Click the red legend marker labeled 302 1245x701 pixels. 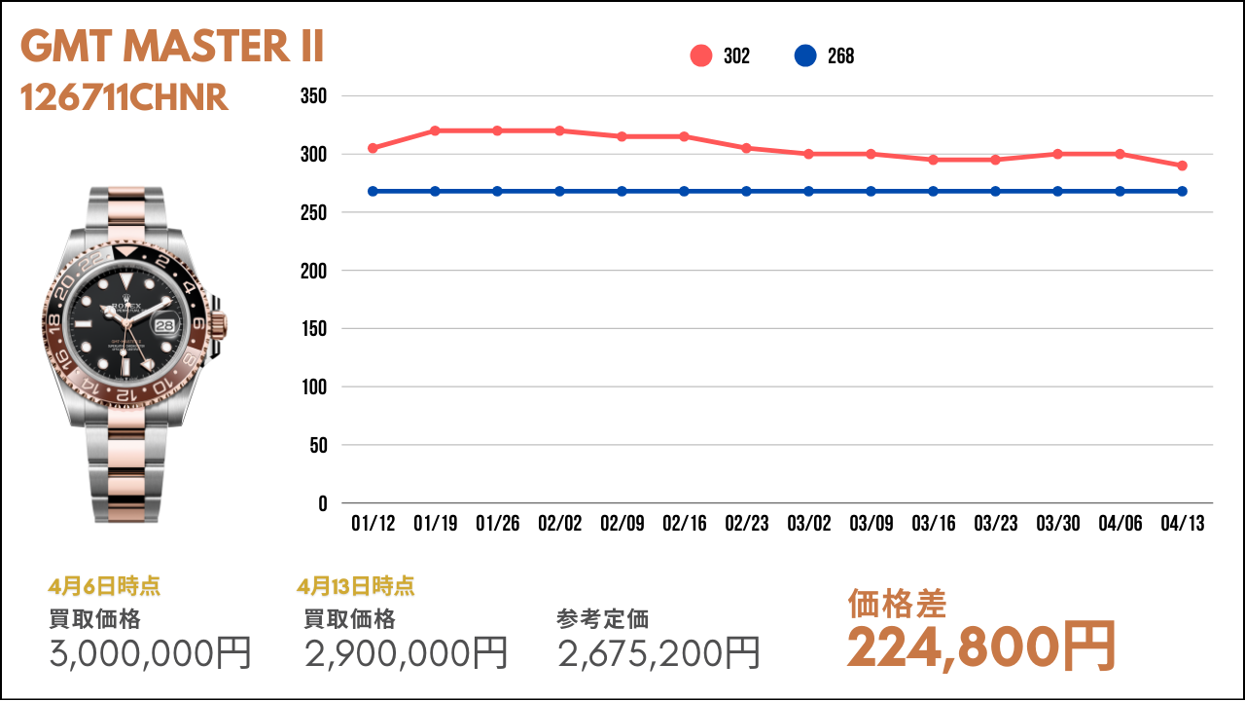(701, 56)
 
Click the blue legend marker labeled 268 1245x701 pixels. (805, 56)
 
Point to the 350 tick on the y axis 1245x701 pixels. (314, 96)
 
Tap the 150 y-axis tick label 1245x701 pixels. (314, 329)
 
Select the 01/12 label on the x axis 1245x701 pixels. (373, 524)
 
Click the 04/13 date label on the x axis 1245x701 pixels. (1183, 524)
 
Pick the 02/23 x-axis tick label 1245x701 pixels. (747, 524)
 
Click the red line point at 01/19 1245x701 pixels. (435, 130)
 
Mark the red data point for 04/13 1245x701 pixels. (1183, 166)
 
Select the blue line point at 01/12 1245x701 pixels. (373, 191)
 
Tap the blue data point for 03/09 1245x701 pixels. (871, 191)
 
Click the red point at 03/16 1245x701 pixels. (934, 160)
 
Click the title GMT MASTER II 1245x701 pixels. (172, 47)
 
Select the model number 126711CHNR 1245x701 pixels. (124, 97)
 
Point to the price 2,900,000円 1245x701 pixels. (407, 652)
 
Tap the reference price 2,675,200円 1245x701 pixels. (659, 652)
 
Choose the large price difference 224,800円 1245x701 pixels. (980, 646)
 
